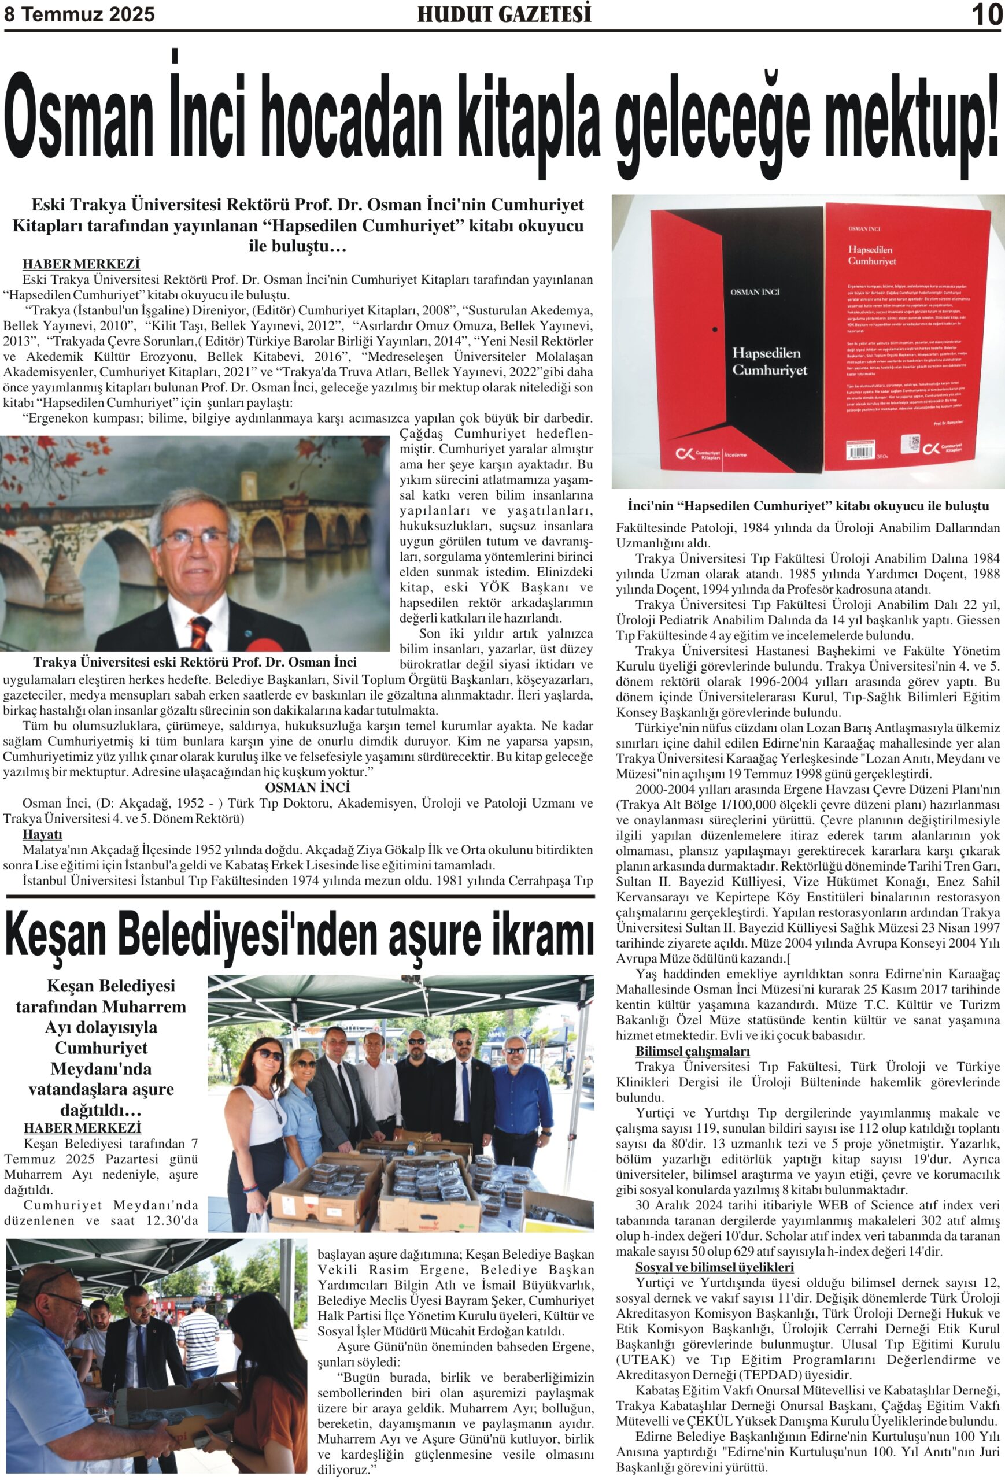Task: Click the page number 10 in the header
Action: click(986, 14)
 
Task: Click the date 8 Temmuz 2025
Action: click(80, 14)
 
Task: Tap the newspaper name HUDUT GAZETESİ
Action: click(504, 14)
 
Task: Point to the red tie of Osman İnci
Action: click(201, 631)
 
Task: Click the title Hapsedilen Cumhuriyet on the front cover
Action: click(769, 361)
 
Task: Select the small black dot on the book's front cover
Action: click(715, 330)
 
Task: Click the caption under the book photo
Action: click(808, 506)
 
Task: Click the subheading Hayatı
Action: click(42, 834)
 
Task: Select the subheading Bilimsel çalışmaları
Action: click(692, 1052)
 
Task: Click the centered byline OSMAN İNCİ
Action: click(307, 788)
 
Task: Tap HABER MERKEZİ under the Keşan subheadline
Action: click(82, 1128)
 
